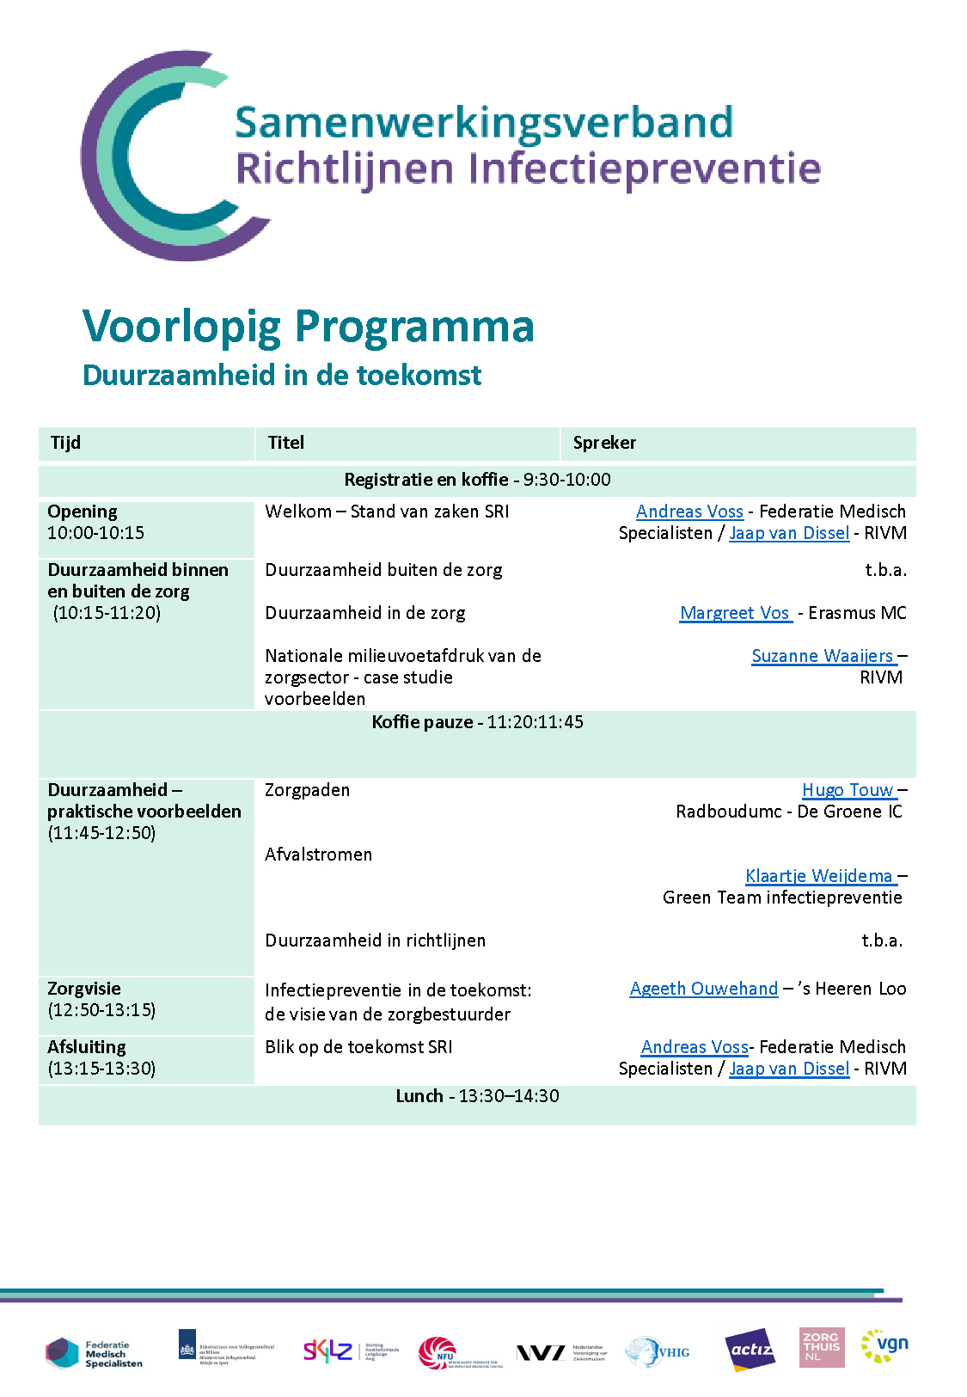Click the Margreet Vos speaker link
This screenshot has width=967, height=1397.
pyautogui.click(x=735, y=613)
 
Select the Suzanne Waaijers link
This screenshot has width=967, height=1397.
pyautogui.click(x=823, y=656)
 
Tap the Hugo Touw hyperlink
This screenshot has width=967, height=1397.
pyautogui.click(x=848, y=790)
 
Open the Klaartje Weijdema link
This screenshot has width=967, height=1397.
pyautogui.click(x=819, y=876)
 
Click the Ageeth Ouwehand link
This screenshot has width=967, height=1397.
pyautogui.click(x=703, y=989)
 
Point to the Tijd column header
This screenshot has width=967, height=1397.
pyautogui.click(x=66, y=443)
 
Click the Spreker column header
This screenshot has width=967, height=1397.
pyautogui.click(x=604, y=443)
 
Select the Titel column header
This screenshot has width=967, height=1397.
pyautogui.click(x=286, y=443)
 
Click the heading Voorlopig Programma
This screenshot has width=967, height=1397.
pyautogui.click(x=308, y=327)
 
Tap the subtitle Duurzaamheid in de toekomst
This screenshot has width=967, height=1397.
pyautogui.click(x=282, y=376)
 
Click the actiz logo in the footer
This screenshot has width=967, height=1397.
pyautogui.click(x=750, y=1350)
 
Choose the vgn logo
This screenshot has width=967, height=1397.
pyautogui.click(x=885, y=1346)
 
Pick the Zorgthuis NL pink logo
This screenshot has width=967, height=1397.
pyautogui.click(x=821, y=1347)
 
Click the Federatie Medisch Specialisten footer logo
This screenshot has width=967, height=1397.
pyautogui.click(x=94, y=1353)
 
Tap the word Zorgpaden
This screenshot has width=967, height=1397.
pyautogui.click(x=307, y=790)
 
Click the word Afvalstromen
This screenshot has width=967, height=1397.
pyautogui.click(x=318, y=855)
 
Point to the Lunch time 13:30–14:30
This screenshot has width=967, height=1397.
pyautogui.click(x=509, y=1096)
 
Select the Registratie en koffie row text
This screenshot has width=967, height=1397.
pyautogui.click(x=477, y=480)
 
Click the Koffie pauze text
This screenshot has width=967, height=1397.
pyautogui.click(x=477, y=722)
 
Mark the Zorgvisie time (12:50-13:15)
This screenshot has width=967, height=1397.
pyautogui.click(x=101, y=1010)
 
